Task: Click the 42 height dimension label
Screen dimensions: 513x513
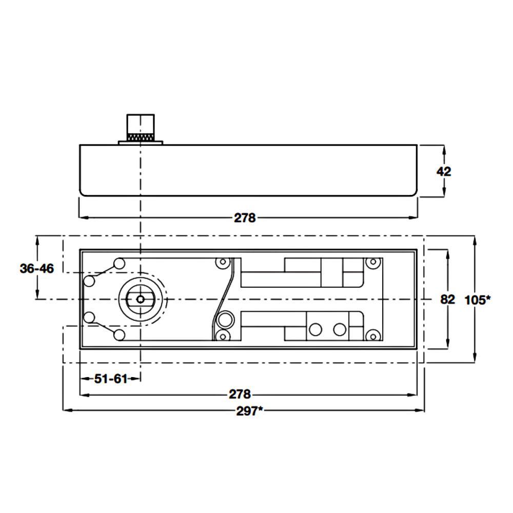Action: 444,171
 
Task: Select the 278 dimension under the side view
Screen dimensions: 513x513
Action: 245,218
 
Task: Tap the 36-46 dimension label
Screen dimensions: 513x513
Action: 36,269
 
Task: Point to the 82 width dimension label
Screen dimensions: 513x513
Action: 447,300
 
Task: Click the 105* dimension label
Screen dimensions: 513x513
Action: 477,300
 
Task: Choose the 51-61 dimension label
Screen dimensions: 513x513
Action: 111,379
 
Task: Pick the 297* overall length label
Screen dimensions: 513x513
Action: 250,411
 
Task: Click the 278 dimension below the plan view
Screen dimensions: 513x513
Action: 240,394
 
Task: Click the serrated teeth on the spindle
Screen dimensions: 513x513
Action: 141,137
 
